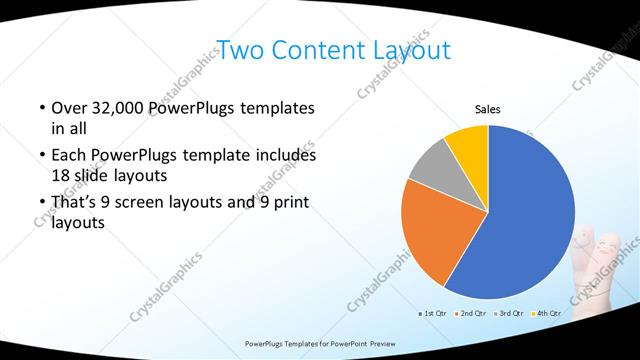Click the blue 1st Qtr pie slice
pyautogui.click(x=530, y=215)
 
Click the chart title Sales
pyautogui.click(x=487, y=110)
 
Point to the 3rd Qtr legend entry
pyautogui.click(x=509, y=314)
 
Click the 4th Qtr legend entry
pyautogui.click(x=545, y=314)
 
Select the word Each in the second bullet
pyautogui.click(x=68, y=156)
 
